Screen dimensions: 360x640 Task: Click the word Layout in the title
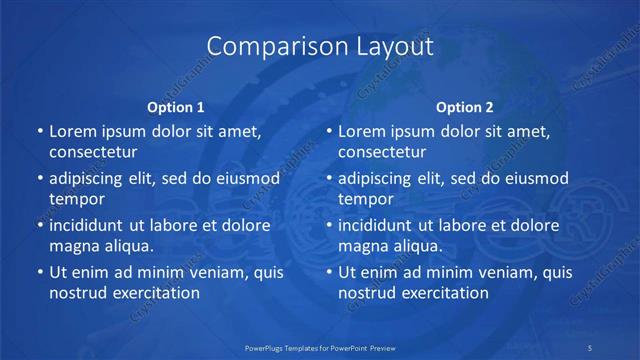tap(393, 46)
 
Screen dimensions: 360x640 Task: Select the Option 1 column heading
tap(176, 107)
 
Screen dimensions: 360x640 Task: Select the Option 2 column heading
tap(465, 107)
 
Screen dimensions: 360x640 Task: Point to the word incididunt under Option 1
tap(91, 225)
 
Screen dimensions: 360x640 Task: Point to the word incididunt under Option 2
tap(380, 225)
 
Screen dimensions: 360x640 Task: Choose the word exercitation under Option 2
tap(446, 293)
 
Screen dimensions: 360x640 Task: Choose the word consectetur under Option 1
tap(93, 152)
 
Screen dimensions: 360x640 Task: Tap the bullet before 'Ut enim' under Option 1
tap(39, 272)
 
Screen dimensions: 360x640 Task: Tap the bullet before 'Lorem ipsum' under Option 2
tap(328, 131)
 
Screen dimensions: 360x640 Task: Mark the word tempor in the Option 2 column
tap(367, 199)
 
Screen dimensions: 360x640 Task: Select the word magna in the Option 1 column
tap(73, 246)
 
